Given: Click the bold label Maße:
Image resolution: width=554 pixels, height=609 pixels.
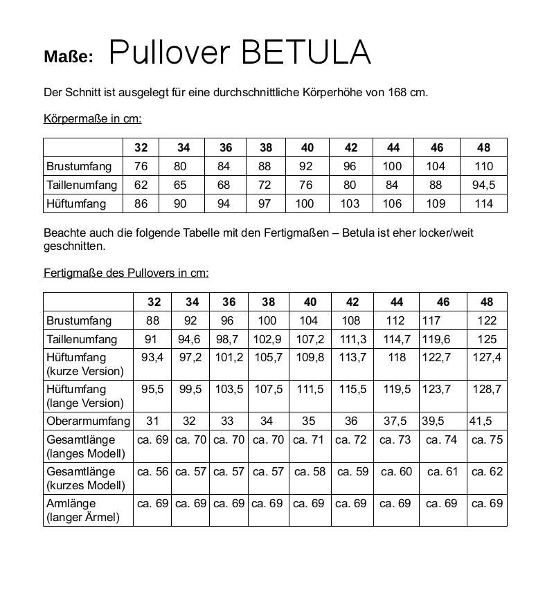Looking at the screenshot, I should point(68,57).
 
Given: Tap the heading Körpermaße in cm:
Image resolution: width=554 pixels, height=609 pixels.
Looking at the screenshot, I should point(92,118).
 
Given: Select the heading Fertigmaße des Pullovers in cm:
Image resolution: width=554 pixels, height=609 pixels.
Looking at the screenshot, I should point(125,273).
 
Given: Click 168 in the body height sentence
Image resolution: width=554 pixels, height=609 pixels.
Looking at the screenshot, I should point(398,92).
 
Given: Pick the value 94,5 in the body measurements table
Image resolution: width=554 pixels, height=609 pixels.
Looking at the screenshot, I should point(483,185).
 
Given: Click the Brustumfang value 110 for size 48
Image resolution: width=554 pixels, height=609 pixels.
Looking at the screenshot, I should point(484,166).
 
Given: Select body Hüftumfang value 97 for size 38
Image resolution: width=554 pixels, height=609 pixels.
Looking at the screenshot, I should point(266,203).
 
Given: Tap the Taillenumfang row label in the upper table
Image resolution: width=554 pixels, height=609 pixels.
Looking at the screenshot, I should point(82,185).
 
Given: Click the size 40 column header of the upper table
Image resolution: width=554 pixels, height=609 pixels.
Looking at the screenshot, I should point(307,147).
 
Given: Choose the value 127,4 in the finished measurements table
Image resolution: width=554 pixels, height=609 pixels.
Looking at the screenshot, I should point(486,357).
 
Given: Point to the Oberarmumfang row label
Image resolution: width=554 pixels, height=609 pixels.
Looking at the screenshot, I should point(88,421).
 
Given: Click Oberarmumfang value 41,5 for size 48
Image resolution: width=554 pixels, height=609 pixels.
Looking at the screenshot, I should point(481,421).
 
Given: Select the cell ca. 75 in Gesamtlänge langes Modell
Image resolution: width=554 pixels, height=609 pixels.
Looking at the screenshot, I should point(487,439).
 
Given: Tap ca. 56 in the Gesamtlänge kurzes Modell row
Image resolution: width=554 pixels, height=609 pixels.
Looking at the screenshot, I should point(152,471).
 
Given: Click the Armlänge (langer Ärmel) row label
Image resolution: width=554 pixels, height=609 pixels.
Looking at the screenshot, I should point(82,510).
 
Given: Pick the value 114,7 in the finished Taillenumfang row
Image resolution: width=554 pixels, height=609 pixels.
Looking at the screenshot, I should point(397,339).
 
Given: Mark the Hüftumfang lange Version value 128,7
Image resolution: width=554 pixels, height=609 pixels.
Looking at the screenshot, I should point(486,389).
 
